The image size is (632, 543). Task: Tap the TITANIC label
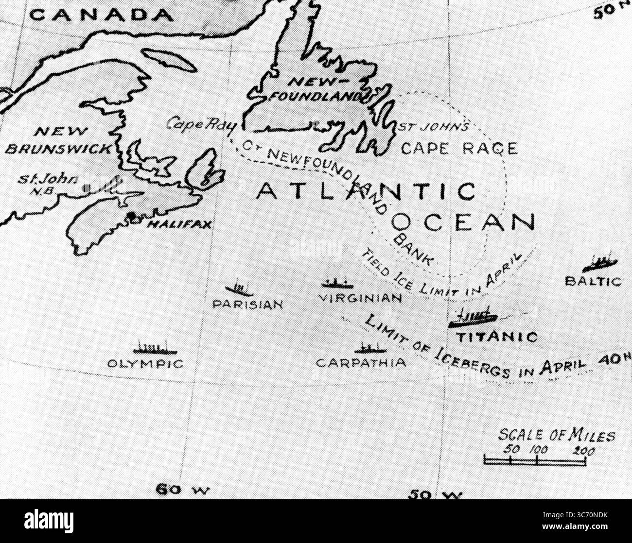(x=497, y=337)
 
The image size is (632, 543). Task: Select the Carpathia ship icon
(x=370, y=348)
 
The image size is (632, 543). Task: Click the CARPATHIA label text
(x=361, y=363)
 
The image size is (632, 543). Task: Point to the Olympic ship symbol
(x=155, y=348)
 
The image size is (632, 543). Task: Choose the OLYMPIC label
(x=145, y=364)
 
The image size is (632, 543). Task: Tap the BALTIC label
(x=593, y=281)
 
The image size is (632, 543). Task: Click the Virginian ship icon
(x=337, y=283)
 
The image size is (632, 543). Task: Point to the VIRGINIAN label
(x=361, y=298)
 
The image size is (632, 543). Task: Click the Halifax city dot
(x=131, y=215)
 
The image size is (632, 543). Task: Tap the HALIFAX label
(x=179, y=224)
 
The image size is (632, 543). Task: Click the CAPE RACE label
(x=459, y=148)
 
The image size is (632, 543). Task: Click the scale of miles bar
(x=534, y=459)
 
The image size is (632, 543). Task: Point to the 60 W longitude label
(x=182, y=490)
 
